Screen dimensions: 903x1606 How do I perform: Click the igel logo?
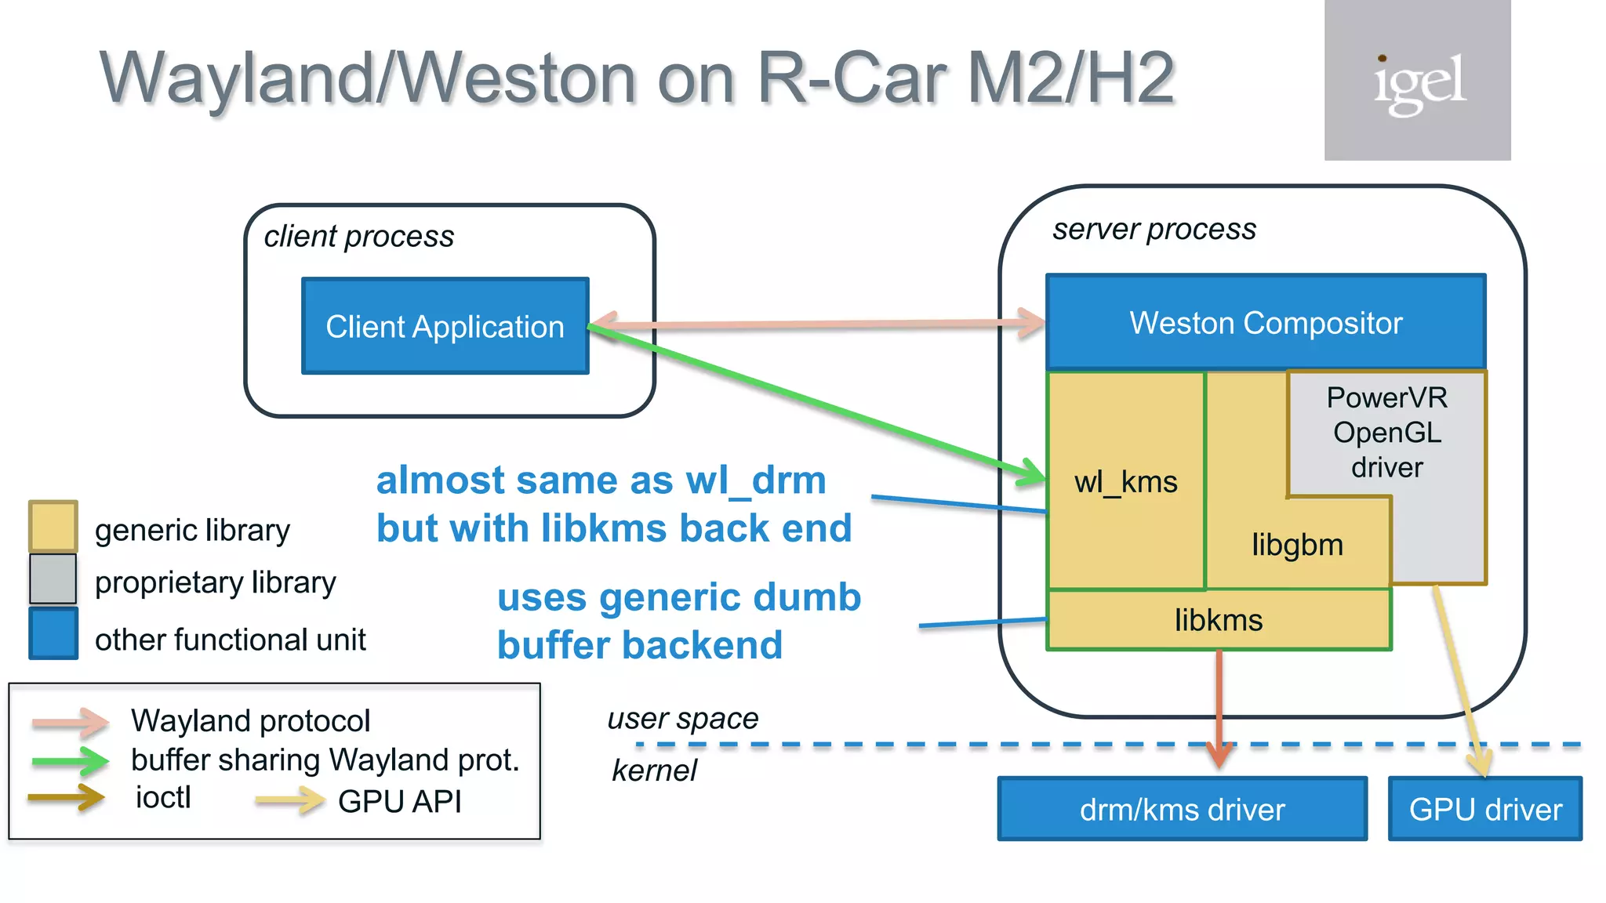coord(1417,81)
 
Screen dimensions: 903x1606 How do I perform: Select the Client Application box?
coord(445,326)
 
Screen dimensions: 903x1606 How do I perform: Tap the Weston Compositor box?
coord(1266,322)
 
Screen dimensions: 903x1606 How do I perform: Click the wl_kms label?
coord(1125,481)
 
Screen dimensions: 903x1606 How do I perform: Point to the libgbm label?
coord(1297,545)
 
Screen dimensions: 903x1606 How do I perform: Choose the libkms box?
coord(1219,620)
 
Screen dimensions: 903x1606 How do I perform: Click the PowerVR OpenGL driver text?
coord(1386,433)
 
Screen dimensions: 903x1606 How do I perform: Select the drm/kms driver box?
coord(1182,809)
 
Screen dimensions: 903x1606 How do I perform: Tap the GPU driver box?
coord(1484,809)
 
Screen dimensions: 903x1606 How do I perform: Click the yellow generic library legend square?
coord(53,526)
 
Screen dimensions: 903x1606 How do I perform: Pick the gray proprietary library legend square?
coord(53,579)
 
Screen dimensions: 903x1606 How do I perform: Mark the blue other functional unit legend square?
coord(53,633)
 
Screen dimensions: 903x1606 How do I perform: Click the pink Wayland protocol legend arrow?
coord(70,722)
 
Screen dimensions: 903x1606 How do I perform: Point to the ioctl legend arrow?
coord(67,798)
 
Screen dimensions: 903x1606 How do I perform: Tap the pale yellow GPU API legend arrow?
coord(289,800)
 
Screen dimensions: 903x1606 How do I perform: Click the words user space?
coord(683,718)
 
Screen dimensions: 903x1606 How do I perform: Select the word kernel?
coord(654,771)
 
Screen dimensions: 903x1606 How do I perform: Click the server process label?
coord(1154,229)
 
